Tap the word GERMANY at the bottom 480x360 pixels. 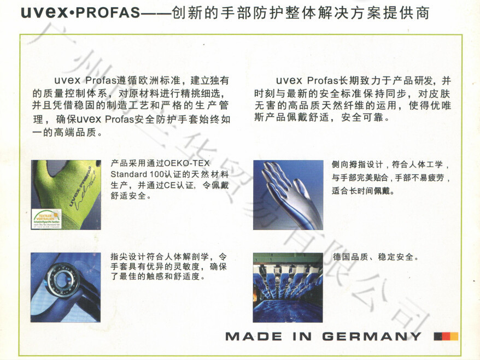pyautogui.click(x=372, y=337)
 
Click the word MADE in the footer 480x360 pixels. pyautogui.click(x=251, y=337)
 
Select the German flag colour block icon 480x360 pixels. pyautogui.click(x=446, y=337)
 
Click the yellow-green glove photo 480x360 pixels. pyautogui.click(x=66, y=194)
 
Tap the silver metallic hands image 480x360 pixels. pyautogui.click(x=288, y=194)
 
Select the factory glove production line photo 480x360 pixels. pyautogui.click(x=288, y=287)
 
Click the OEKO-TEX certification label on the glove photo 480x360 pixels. pyautogui.click(x=46, y=218)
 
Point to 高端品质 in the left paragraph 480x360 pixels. pyautogui.click(x=77, y=132)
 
